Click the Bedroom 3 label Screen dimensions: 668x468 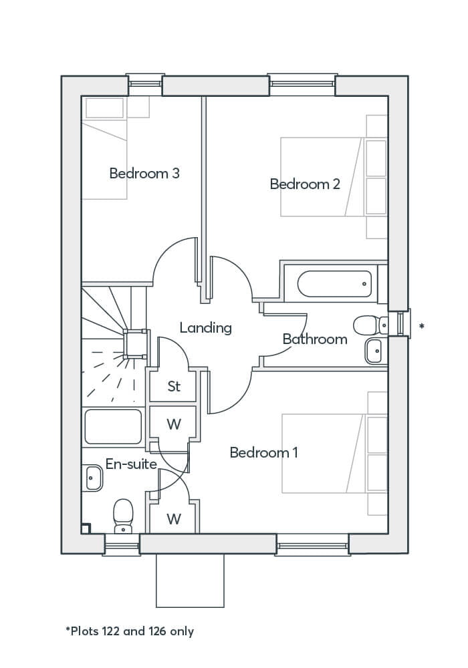point(144,174)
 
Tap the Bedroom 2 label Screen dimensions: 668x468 point(305,184)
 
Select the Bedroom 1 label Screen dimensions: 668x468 point(263,453)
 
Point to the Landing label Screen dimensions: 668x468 point(205,328)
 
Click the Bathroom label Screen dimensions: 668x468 point(314,339)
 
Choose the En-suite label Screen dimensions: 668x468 point(131,464)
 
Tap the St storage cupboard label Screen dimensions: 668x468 point(174,387)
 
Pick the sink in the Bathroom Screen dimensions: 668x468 point(374,351)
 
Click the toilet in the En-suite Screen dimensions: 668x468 point(123,516)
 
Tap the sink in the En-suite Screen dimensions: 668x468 point(94,478)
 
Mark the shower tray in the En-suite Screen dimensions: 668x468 point(114,426)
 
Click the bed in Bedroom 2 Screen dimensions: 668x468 point(321,177)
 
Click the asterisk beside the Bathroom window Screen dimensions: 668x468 point(421,327)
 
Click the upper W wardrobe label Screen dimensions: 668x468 point(174,425)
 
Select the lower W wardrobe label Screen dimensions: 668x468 point(174,518)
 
